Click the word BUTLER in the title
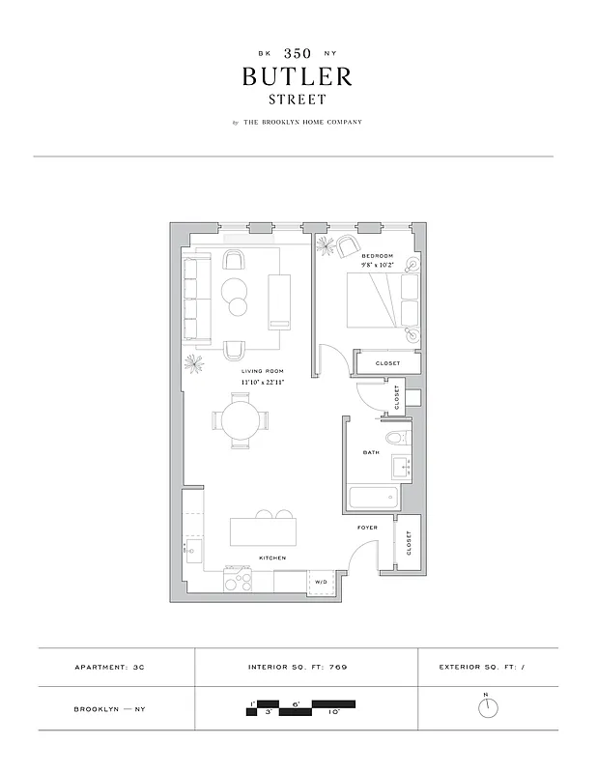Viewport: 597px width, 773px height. [298, 75]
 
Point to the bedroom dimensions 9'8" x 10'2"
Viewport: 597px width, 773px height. [378, 265]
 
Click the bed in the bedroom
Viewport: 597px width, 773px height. [371, 300]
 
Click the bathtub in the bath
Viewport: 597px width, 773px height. [374, 499]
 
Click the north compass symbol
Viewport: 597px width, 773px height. [489, 707]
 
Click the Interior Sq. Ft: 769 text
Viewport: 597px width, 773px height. [298, 668]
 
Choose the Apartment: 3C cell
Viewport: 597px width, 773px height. [115, 668]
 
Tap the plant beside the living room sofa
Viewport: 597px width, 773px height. [194, 362]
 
